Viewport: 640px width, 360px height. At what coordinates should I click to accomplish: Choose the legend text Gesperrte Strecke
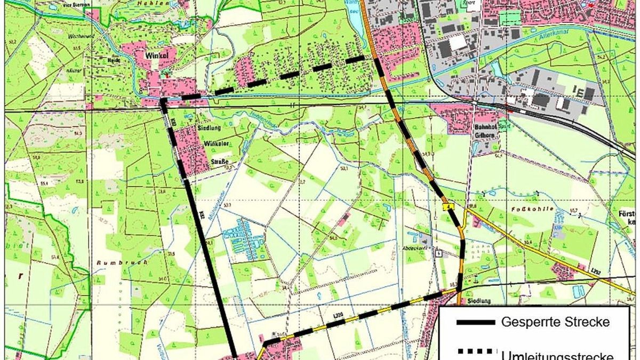click(555, 322)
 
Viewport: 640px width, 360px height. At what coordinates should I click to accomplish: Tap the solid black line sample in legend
click(476, 323)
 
